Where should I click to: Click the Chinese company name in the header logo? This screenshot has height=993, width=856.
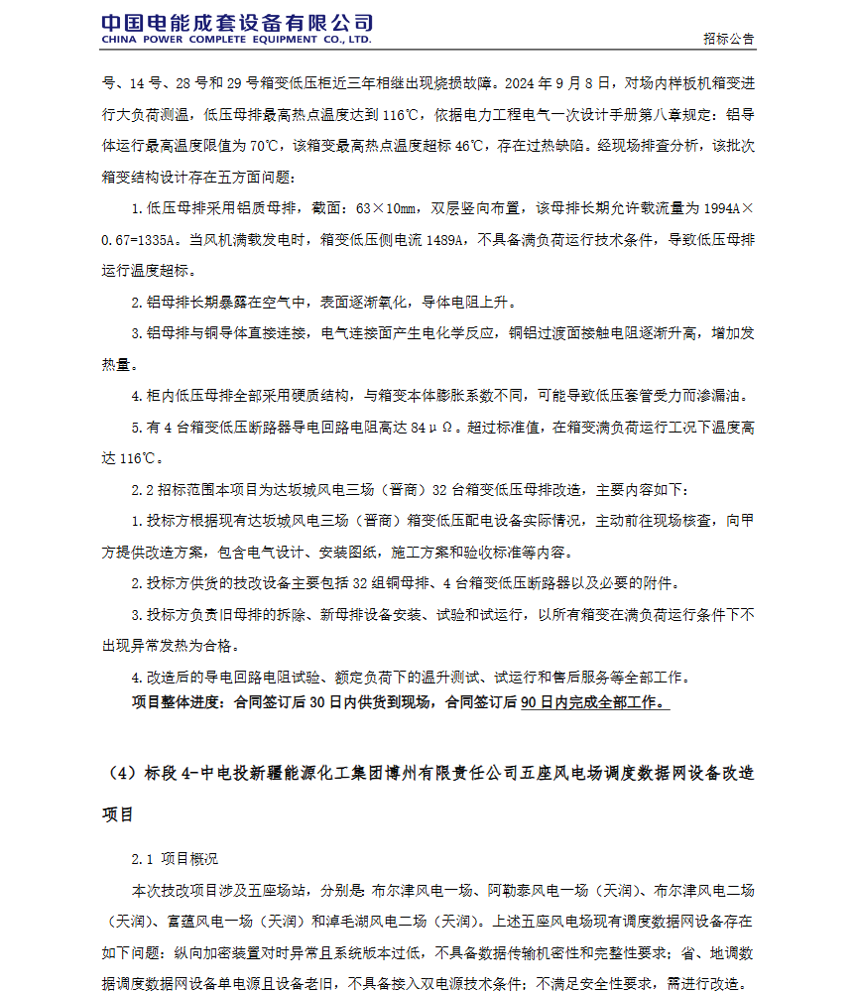coord(237,23)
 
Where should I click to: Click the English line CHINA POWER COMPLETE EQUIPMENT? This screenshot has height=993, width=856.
coord(236,41)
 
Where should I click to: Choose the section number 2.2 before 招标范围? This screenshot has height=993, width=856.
coord(142,490)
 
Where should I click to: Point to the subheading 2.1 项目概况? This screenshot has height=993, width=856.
coord(175,858)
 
